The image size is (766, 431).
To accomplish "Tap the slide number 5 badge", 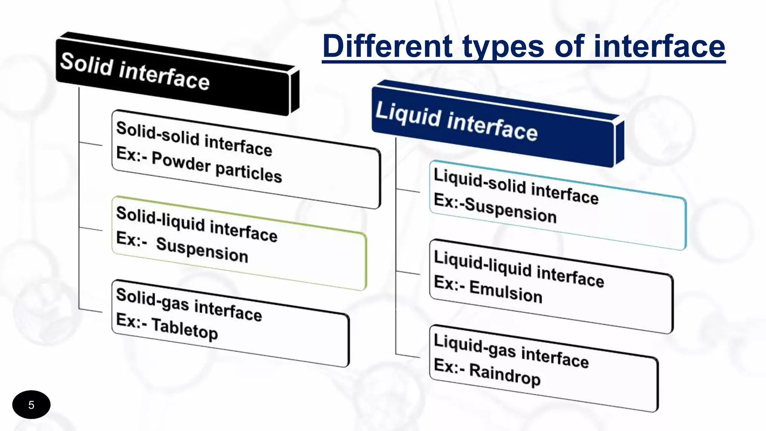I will tap(31, 405).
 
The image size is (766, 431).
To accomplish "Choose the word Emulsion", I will tap(506, 291).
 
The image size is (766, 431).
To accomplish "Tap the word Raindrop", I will tap(505, 374).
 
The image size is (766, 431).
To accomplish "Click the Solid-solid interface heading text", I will tap(194, 139).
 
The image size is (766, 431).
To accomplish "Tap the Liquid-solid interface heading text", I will tap(516, 186).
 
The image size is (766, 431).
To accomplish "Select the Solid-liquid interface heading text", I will tap(197, 224).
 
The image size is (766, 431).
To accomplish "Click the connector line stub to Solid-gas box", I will tap(91, 310).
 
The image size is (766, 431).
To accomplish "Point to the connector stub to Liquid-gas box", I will tap(408, 355).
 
